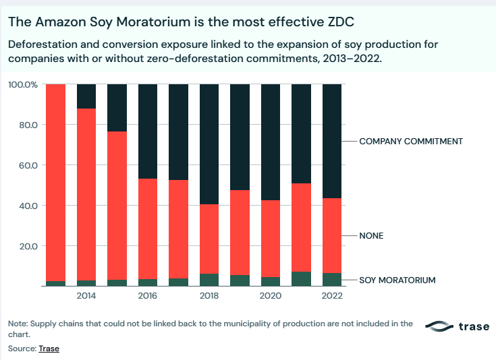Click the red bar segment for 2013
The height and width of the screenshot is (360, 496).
[x=55, y=182]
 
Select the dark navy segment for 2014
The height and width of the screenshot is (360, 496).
[x=86, y=96]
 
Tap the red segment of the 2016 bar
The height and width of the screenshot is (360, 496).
[x=148, y=229]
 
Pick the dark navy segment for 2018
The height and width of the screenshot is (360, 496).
[x=209, y=144]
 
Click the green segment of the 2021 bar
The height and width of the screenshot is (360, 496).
[x=301, y=278]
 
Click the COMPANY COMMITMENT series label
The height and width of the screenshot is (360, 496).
[x=410, y=142]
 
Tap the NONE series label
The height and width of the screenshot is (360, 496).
[x=371, y=236]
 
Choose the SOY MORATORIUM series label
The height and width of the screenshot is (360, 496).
[x=397, y=280]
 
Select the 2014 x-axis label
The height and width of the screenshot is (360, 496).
[x=86, y=296]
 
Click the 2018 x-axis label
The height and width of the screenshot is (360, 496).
[x=209, y=296]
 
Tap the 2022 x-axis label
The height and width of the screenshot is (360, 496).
[x=332, y=296]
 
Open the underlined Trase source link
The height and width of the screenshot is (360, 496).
[x=49, y=349]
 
